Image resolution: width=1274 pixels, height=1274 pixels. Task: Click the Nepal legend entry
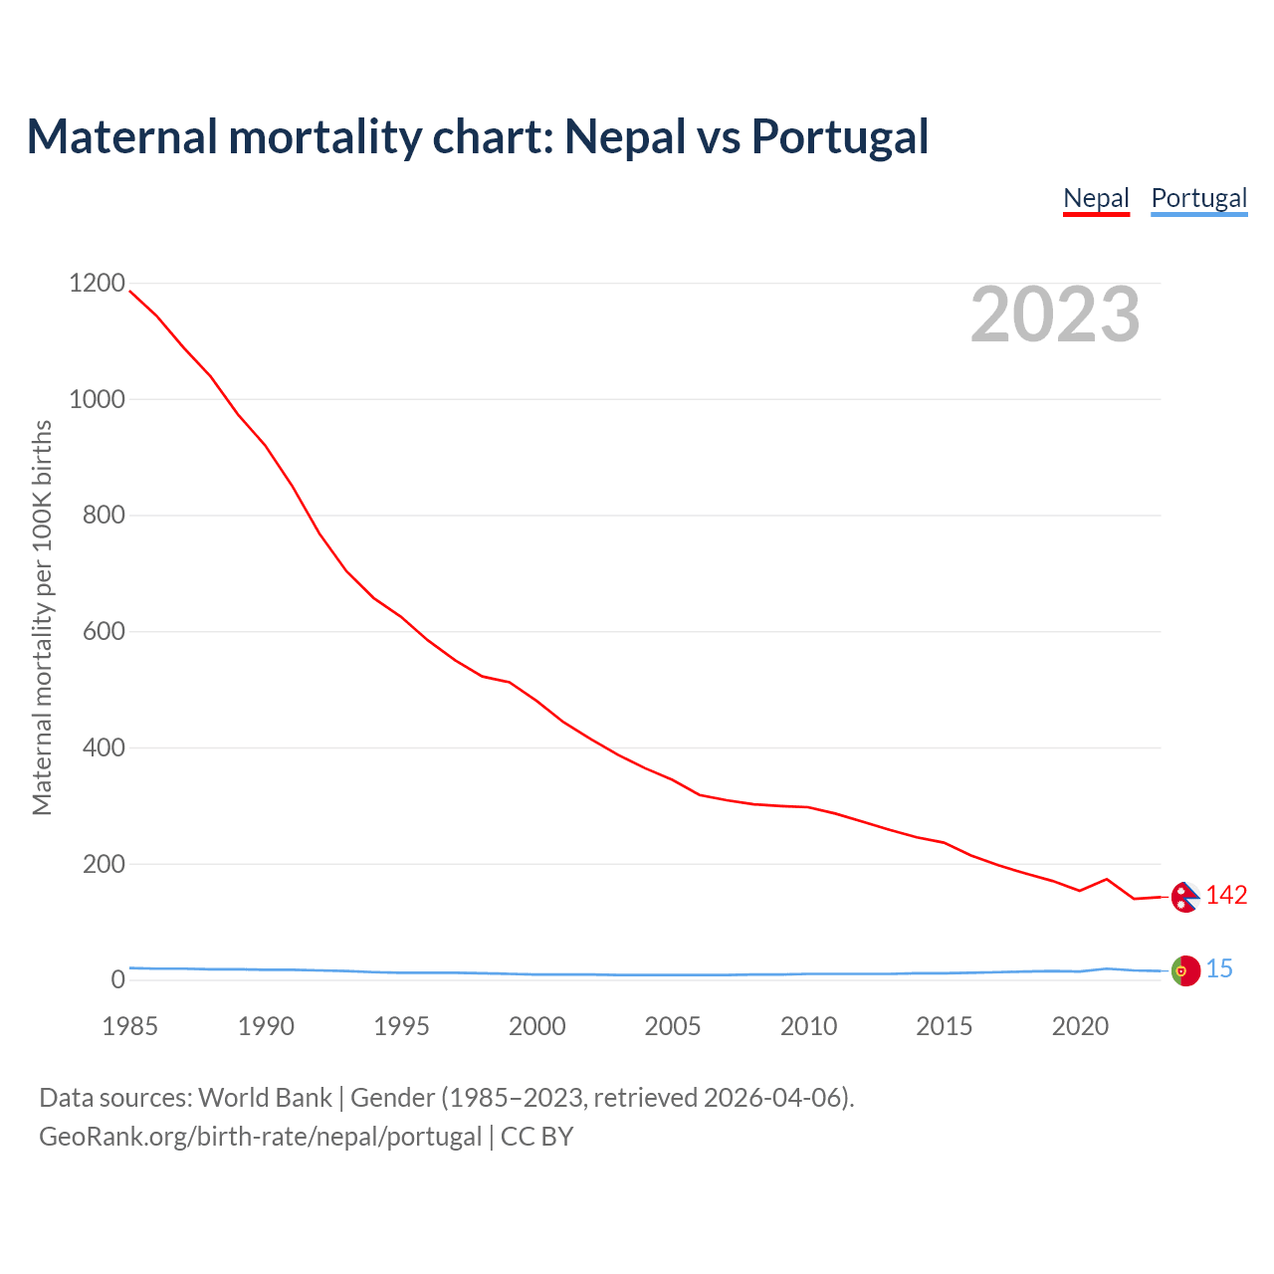click(1096, 198)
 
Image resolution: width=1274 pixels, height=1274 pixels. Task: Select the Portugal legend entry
click(1198, 198)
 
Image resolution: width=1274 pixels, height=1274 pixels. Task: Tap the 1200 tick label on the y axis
click(97, 284)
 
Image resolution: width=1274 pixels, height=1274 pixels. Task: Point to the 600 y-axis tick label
click(104, 631)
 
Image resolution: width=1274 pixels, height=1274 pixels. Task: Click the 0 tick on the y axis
click(118, 979)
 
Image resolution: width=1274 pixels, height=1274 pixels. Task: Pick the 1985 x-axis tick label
click(130, 1026)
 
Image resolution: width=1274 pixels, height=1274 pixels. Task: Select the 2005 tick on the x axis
click(673, 1026)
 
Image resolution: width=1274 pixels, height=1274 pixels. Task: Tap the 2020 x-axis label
click(1080, 1026)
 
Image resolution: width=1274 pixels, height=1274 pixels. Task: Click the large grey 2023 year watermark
click(1055, 315)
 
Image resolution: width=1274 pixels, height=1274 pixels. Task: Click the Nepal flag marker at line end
click(1184, 897)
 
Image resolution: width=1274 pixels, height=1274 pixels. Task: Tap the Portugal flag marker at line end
click(1184, 970)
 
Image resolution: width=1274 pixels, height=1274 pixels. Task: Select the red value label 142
click(1226, 896)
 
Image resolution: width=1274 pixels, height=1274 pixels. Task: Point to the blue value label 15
click(1219, 969)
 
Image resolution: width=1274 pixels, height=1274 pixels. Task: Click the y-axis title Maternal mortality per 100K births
click(42, 617)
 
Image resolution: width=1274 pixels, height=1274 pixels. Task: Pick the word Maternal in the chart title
click(121, 136)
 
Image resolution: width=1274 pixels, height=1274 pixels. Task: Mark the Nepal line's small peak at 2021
click(1107, 879)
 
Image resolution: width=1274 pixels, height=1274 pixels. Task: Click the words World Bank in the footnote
click(265, 1098)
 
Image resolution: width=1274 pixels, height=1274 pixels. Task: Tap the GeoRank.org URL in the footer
click(260, 1137)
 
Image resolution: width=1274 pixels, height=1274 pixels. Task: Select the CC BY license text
click(537, 1137)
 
